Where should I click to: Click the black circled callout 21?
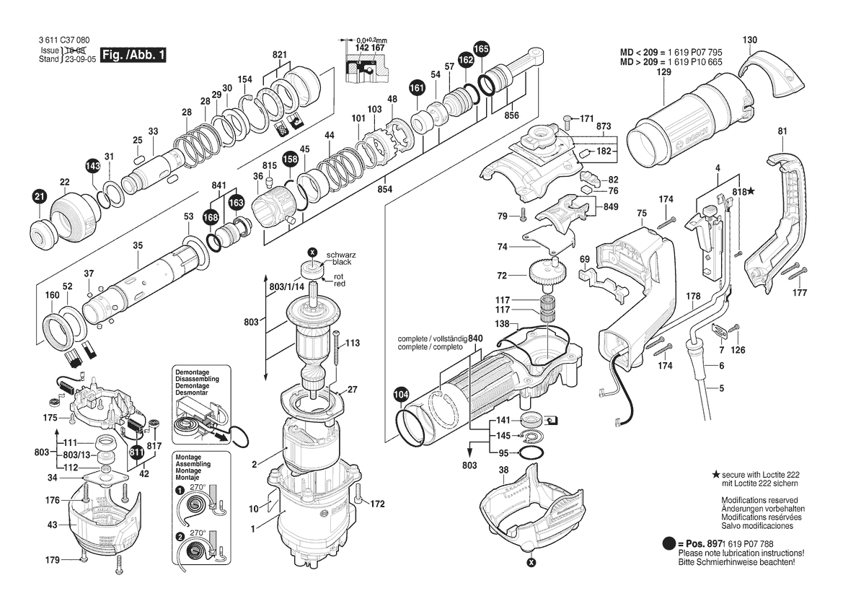39,195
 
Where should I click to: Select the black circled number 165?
481,49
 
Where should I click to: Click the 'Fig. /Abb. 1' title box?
134,55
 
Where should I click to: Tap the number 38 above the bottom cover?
503,469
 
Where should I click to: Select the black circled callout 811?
136,452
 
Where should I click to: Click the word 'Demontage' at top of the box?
191,372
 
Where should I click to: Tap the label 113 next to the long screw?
352,343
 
